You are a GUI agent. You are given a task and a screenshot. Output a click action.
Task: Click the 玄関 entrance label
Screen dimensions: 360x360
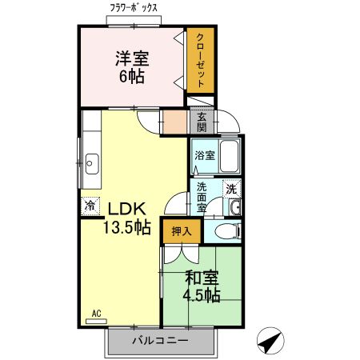click(x=202, y=122)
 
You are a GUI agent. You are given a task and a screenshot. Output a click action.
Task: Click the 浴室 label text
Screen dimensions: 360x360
click(x=204, y=155)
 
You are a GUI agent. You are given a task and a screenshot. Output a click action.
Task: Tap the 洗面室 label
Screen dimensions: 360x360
click(x=202, y=198)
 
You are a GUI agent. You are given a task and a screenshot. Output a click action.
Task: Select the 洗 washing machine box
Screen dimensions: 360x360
click(x=230, y=190)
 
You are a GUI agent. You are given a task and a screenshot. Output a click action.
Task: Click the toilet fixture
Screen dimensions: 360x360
click(x=227, y=232)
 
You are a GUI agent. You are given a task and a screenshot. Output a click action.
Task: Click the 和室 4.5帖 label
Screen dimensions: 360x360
click(x=202, y=287)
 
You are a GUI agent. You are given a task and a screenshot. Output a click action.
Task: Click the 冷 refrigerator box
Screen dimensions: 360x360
click(x=90, y=206)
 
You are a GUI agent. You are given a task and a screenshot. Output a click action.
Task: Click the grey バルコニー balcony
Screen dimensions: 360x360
click(x=161, y=341)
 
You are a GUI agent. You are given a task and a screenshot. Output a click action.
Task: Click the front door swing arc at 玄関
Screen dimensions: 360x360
click(x=230, y=122)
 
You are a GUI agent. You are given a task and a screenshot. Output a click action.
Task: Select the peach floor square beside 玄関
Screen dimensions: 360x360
click(x=174, y=122)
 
